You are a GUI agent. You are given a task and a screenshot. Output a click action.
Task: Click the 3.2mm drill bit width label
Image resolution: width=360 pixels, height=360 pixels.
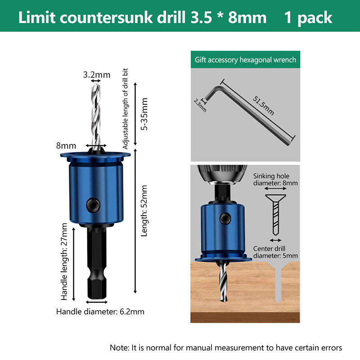[97, 75]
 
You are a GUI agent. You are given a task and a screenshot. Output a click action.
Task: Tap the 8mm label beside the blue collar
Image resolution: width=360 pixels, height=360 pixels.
[66, 145]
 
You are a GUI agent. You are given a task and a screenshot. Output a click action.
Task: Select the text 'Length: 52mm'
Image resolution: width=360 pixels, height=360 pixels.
[144, 211]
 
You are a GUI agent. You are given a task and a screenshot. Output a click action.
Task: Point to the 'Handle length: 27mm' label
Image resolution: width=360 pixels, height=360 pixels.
[64, 261]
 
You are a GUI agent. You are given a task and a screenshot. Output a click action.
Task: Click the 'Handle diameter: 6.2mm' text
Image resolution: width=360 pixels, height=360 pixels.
[100, 311]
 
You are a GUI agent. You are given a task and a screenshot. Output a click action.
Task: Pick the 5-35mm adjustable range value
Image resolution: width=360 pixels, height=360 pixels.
[144, 114]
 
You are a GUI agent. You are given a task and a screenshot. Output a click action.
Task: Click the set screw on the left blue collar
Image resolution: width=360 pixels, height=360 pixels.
[94, 205]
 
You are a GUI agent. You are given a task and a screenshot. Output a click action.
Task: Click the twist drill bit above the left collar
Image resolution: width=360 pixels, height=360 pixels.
[96, 117]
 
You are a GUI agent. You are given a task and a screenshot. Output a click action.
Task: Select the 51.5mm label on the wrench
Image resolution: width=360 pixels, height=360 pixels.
[263, 105]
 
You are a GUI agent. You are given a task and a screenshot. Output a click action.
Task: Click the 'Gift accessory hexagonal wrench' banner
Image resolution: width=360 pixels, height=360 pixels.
[245, 60]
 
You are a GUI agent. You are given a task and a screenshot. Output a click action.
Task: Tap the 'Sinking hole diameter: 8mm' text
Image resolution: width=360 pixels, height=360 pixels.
[275, 179]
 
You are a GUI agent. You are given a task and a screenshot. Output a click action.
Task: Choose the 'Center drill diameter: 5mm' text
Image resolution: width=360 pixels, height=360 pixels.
[275, 252]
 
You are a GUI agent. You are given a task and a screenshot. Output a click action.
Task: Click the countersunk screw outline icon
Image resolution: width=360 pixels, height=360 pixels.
[275, 215]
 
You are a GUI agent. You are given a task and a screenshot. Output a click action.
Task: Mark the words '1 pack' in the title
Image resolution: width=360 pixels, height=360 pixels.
[308, 18]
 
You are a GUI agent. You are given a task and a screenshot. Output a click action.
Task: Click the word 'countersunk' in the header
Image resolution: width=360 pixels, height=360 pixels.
[106, 18]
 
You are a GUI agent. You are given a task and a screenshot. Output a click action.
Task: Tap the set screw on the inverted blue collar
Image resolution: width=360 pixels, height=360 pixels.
[225, 218]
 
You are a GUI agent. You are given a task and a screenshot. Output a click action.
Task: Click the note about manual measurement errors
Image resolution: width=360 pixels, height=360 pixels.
[226, 347]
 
